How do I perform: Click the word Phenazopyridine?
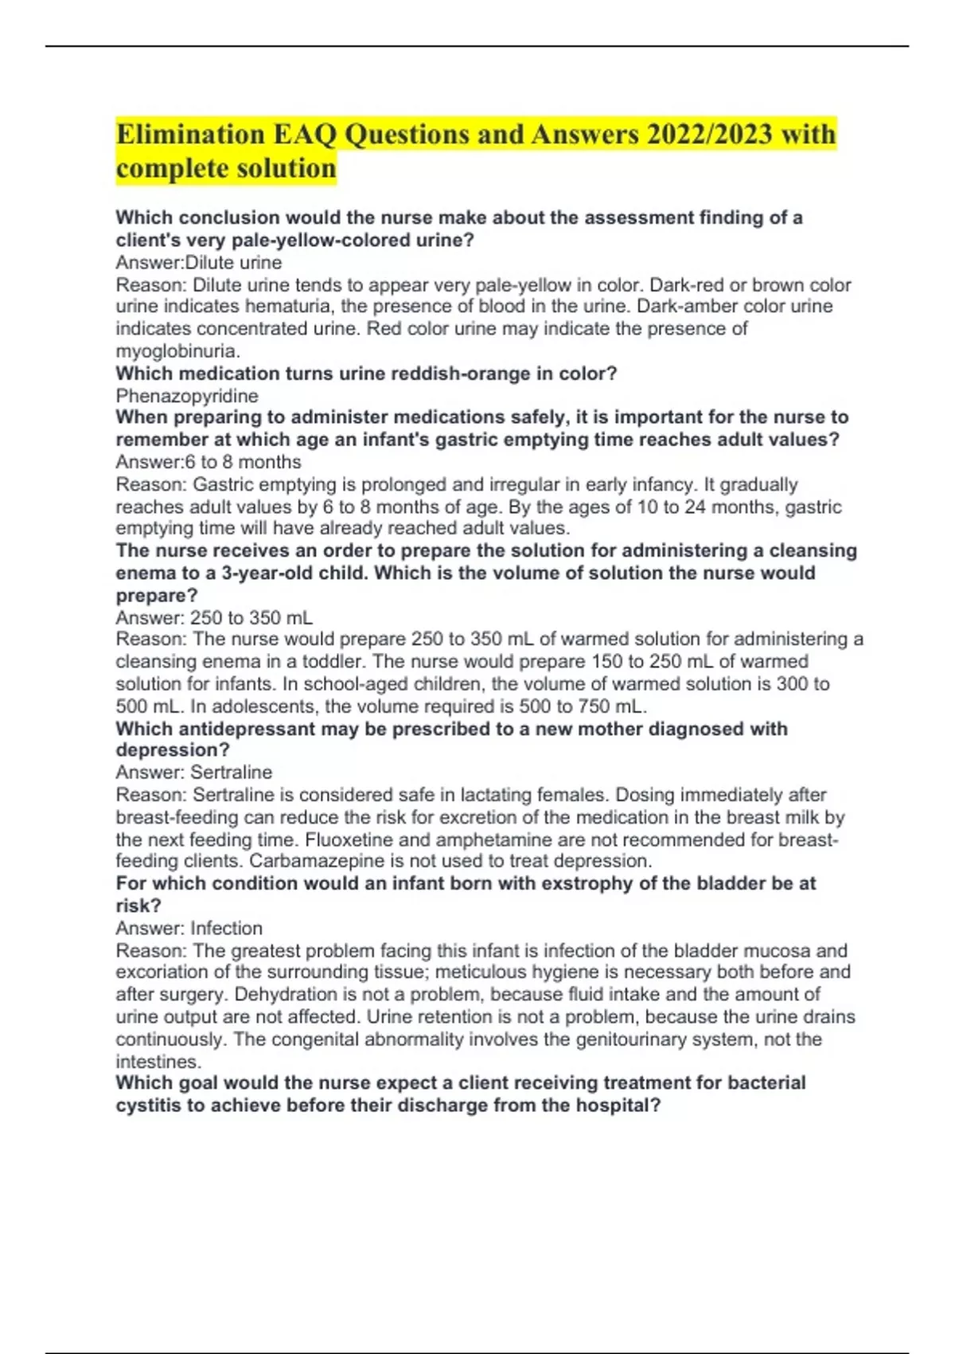click(x=187, y=396)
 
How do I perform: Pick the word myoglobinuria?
click(x=177, y=351)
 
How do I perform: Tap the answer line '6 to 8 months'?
click(x=209, y=462)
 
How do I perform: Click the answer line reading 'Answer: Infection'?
click(x=189, y=928)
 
